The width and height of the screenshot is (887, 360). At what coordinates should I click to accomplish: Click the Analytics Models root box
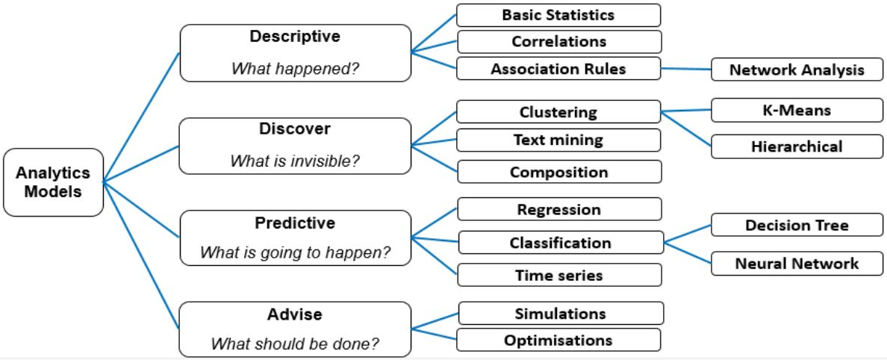(53, 182)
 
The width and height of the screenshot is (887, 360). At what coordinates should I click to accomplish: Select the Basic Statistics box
(558, 15)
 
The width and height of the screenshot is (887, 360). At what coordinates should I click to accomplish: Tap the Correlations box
(559, 42)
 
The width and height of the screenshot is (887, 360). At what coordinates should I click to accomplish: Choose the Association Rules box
(558, 69)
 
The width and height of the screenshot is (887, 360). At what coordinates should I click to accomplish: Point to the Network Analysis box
(797, 69)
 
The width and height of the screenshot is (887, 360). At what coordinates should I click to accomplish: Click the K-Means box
(797, 111)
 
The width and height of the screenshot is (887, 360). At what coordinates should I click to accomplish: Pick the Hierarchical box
(797, 146)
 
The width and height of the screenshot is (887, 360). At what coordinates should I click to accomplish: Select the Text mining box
(558, 140)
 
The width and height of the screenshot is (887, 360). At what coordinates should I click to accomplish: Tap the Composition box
(559, 172)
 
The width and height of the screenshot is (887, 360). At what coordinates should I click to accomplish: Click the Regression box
(559, 209)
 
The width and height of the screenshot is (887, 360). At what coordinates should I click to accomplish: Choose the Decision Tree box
(797, 225)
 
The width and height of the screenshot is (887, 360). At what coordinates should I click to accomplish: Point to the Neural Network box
(797, 263)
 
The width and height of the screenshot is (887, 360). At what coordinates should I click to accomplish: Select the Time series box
(559, 275)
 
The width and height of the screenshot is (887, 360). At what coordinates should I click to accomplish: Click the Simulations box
(561, 313)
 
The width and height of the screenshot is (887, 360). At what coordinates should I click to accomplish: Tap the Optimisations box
(558, 340)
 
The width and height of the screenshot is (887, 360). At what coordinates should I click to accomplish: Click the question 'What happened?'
(295, 69)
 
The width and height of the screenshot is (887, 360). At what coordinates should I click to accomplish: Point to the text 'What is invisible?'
(295, 161)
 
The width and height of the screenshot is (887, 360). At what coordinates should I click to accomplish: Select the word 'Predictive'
(295, 223)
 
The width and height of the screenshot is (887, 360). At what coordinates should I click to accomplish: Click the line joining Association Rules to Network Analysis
(685, 69)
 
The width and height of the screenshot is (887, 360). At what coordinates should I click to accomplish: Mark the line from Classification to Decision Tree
(687, 234)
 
